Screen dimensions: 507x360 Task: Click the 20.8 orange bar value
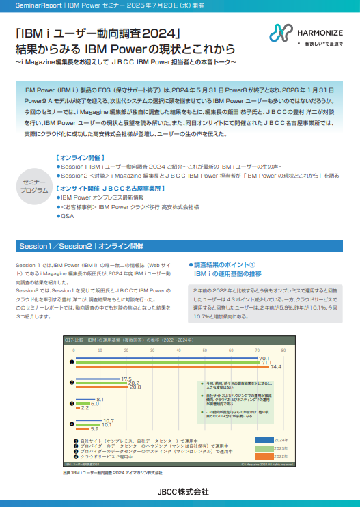click(x=135, y=387)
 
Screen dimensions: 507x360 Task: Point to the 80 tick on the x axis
click(x=283, y=350)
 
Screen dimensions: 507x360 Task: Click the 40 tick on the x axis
click(x=178, y=350)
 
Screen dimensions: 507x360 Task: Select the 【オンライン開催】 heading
click(x=78, y=157)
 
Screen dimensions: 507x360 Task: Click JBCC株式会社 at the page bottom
click(x=180, y=491)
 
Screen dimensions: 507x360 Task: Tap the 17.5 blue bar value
click(x=126, y=379)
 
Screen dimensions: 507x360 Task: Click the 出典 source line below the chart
click(x=113, y=472)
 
